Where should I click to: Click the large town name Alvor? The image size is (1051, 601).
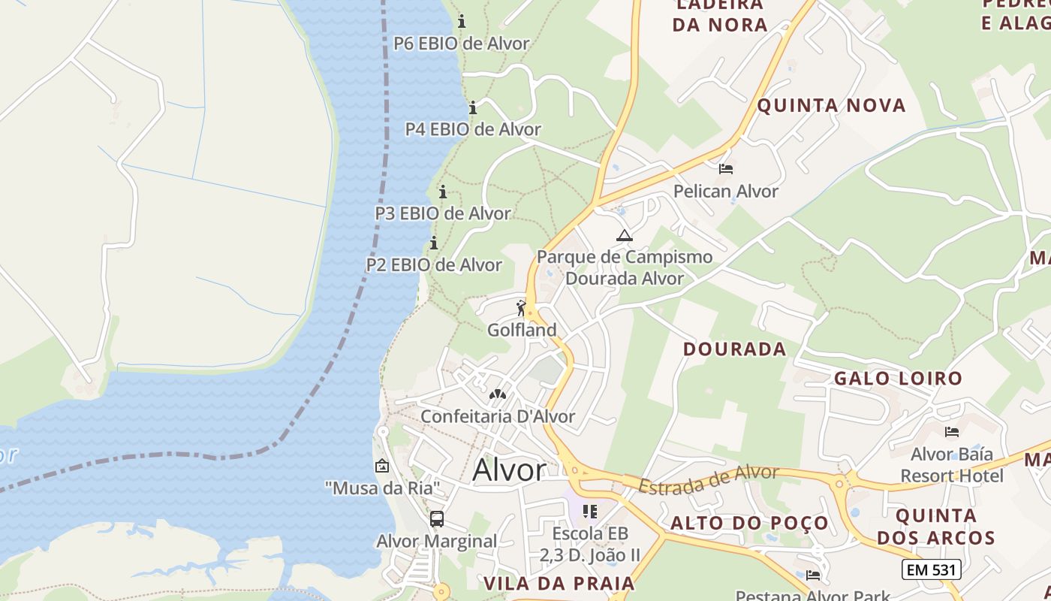click(x=509, y=470)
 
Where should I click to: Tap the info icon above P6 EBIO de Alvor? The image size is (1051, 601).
click(x=462, y=21)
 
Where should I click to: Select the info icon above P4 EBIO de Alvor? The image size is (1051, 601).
click(x=473, y=107)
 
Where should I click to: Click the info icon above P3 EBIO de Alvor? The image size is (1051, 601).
click(x=443, y=192)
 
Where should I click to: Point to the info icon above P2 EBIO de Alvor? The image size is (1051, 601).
click(x=433, y=243)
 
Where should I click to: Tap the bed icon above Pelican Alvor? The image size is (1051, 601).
click(x=725, y=169)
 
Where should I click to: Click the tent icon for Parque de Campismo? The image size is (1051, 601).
click(x=624, y=235)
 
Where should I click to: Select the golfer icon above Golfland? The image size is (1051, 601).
click(x=521, y=307)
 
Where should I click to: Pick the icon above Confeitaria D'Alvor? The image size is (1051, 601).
click(x=497, y=394)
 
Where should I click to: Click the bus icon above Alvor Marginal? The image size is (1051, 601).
click(x=436, y=518)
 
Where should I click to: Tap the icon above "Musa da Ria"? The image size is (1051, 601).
click(x=382, y=466)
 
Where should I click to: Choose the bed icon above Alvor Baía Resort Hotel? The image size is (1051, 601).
click(x=952, y=432)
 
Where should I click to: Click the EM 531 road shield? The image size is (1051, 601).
click(x=931, y=569)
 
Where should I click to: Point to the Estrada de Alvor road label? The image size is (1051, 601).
click(x=709, y=479)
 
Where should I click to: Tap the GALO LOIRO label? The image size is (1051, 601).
click(x=898, y=378)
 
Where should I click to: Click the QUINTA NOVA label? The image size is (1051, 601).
click(x=831, y=105)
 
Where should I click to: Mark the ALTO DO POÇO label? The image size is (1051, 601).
click(x=749, y=523)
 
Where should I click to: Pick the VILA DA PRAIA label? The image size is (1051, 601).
click(x=559, y=584)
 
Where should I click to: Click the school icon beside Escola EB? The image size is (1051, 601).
click(x=590, y=512)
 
